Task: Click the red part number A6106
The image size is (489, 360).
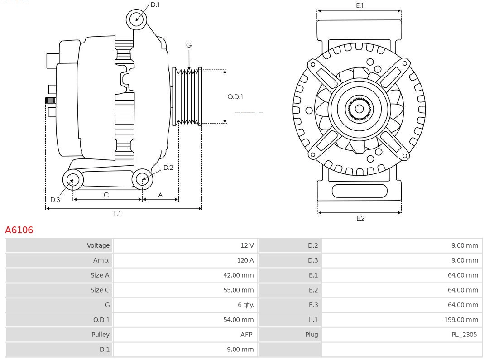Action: (x=19, y=230)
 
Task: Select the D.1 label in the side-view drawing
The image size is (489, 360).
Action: (x=155, y=5)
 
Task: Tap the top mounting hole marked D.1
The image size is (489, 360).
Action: (x=137, y=19)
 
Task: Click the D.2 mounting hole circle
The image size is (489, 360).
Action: (x=142, y=179)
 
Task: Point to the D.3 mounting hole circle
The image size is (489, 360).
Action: (x=72, y=180)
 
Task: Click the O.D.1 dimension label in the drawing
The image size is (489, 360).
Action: (x=235, y=96)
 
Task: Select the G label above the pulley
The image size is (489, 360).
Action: (x=189, y=45)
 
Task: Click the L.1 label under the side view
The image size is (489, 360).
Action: (x=117, y=214)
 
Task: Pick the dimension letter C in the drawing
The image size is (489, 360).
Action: (x=106, y=195)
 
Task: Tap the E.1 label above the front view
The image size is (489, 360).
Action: (x=360, y=5)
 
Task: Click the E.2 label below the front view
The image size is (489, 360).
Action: (x=360, y=218)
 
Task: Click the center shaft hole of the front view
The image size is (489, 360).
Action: (x=359, y=109)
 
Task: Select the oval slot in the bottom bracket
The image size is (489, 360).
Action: (x=360, y=191)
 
